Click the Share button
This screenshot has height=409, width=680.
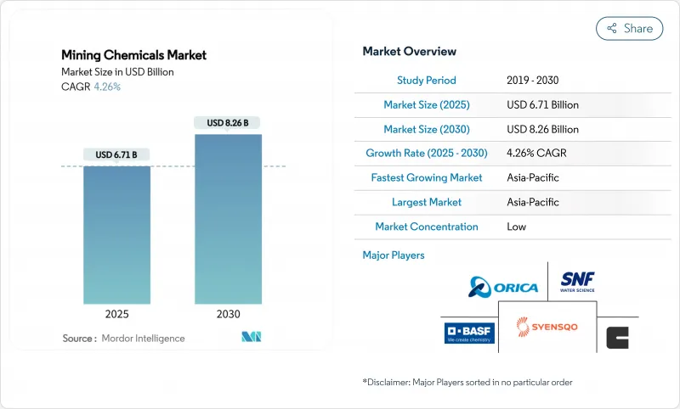(630, 28)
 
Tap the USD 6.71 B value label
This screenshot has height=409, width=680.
(116, 154)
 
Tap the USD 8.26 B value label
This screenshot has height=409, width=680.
(228, 123)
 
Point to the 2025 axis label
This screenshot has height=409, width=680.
(116, 313)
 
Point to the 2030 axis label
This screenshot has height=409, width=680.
(228, 313)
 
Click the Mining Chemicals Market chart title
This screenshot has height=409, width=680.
(133, 55)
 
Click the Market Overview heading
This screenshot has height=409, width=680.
(409, 52)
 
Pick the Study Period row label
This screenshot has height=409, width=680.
(426, 81)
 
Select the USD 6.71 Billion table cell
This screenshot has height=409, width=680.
(541, 105)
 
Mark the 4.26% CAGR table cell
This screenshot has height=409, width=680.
(537, 154)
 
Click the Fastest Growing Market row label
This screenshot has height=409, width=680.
(426, 178)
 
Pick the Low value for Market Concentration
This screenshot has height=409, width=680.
(516, 227)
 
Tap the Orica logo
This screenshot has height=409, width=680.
(504, 287)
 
